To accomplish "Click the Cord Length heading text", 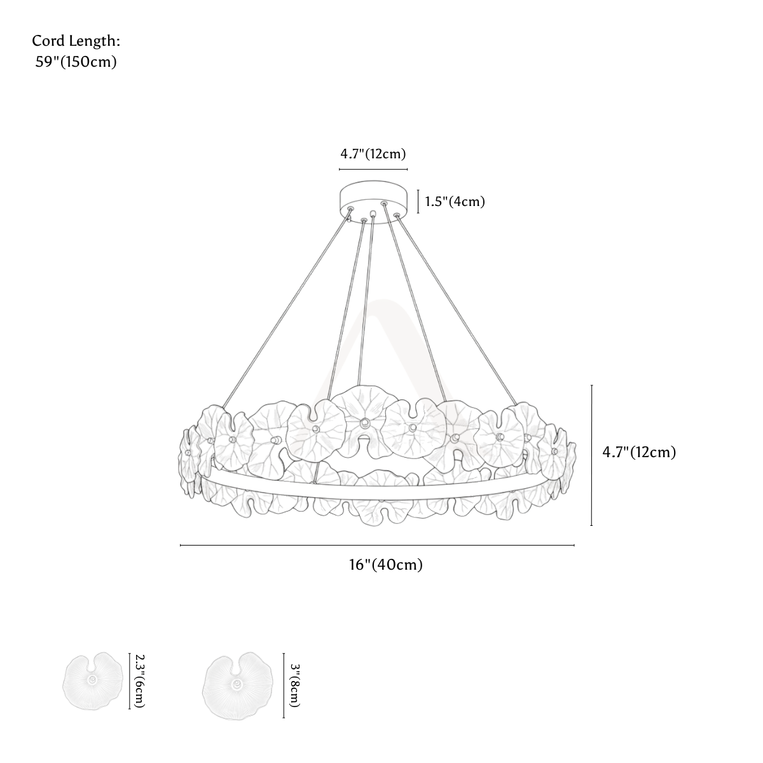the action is point(76,41).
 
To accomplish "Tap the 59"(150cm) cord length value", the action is point(76,62).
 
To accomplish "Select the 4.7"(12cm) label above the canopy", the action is point(373,154).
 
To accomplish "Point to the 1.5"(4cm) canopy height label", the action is point(455,202).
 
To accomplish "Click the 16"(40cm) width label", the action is point(386,565).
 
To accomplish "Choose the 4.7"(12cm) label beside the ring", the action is point(639,452).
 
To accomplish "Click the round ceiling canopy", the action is point(373,202).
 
